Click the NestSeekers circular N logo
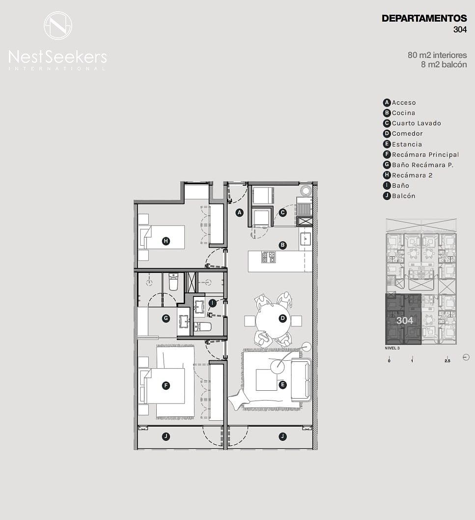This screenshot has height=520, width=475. click(x=58, y=26)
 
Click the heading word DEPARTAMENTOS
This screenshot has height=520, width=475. click(x=424, y=19)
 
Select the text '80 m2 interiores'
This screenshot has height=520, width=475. click(x=437, y=55)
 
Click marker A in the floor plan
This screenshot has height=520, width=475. click(x=239, y=213)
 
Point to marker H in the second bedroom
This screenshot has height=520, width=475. click(x=166, y=241)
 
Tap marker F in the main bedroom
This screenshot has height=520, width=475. click(x=166, y=385)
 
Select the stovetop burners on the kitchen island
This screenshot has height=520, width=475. click(x=269, y=257)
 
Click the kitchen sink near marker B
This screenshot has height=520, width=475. click(x=305, y=238)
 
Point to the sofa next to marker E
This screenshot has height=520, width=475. click(x=301, y=380)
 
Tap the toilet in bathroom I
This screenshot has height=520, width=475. click(x=202, y=327)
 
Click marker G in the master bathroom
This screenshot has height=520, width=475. click(x=166, y=318)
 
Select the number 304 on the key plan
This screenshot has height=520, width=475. click(x=405, y=320)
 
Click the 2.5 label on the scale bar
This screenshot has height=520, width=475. click(x=447, y=361)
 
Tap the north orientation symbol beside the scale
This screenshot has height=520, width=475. click(x=466, y=357)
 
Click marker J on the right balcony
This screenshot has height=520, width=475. click(x=282, y=437)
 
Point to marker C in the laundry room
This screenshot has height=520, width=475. click(x=282, y=213)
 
